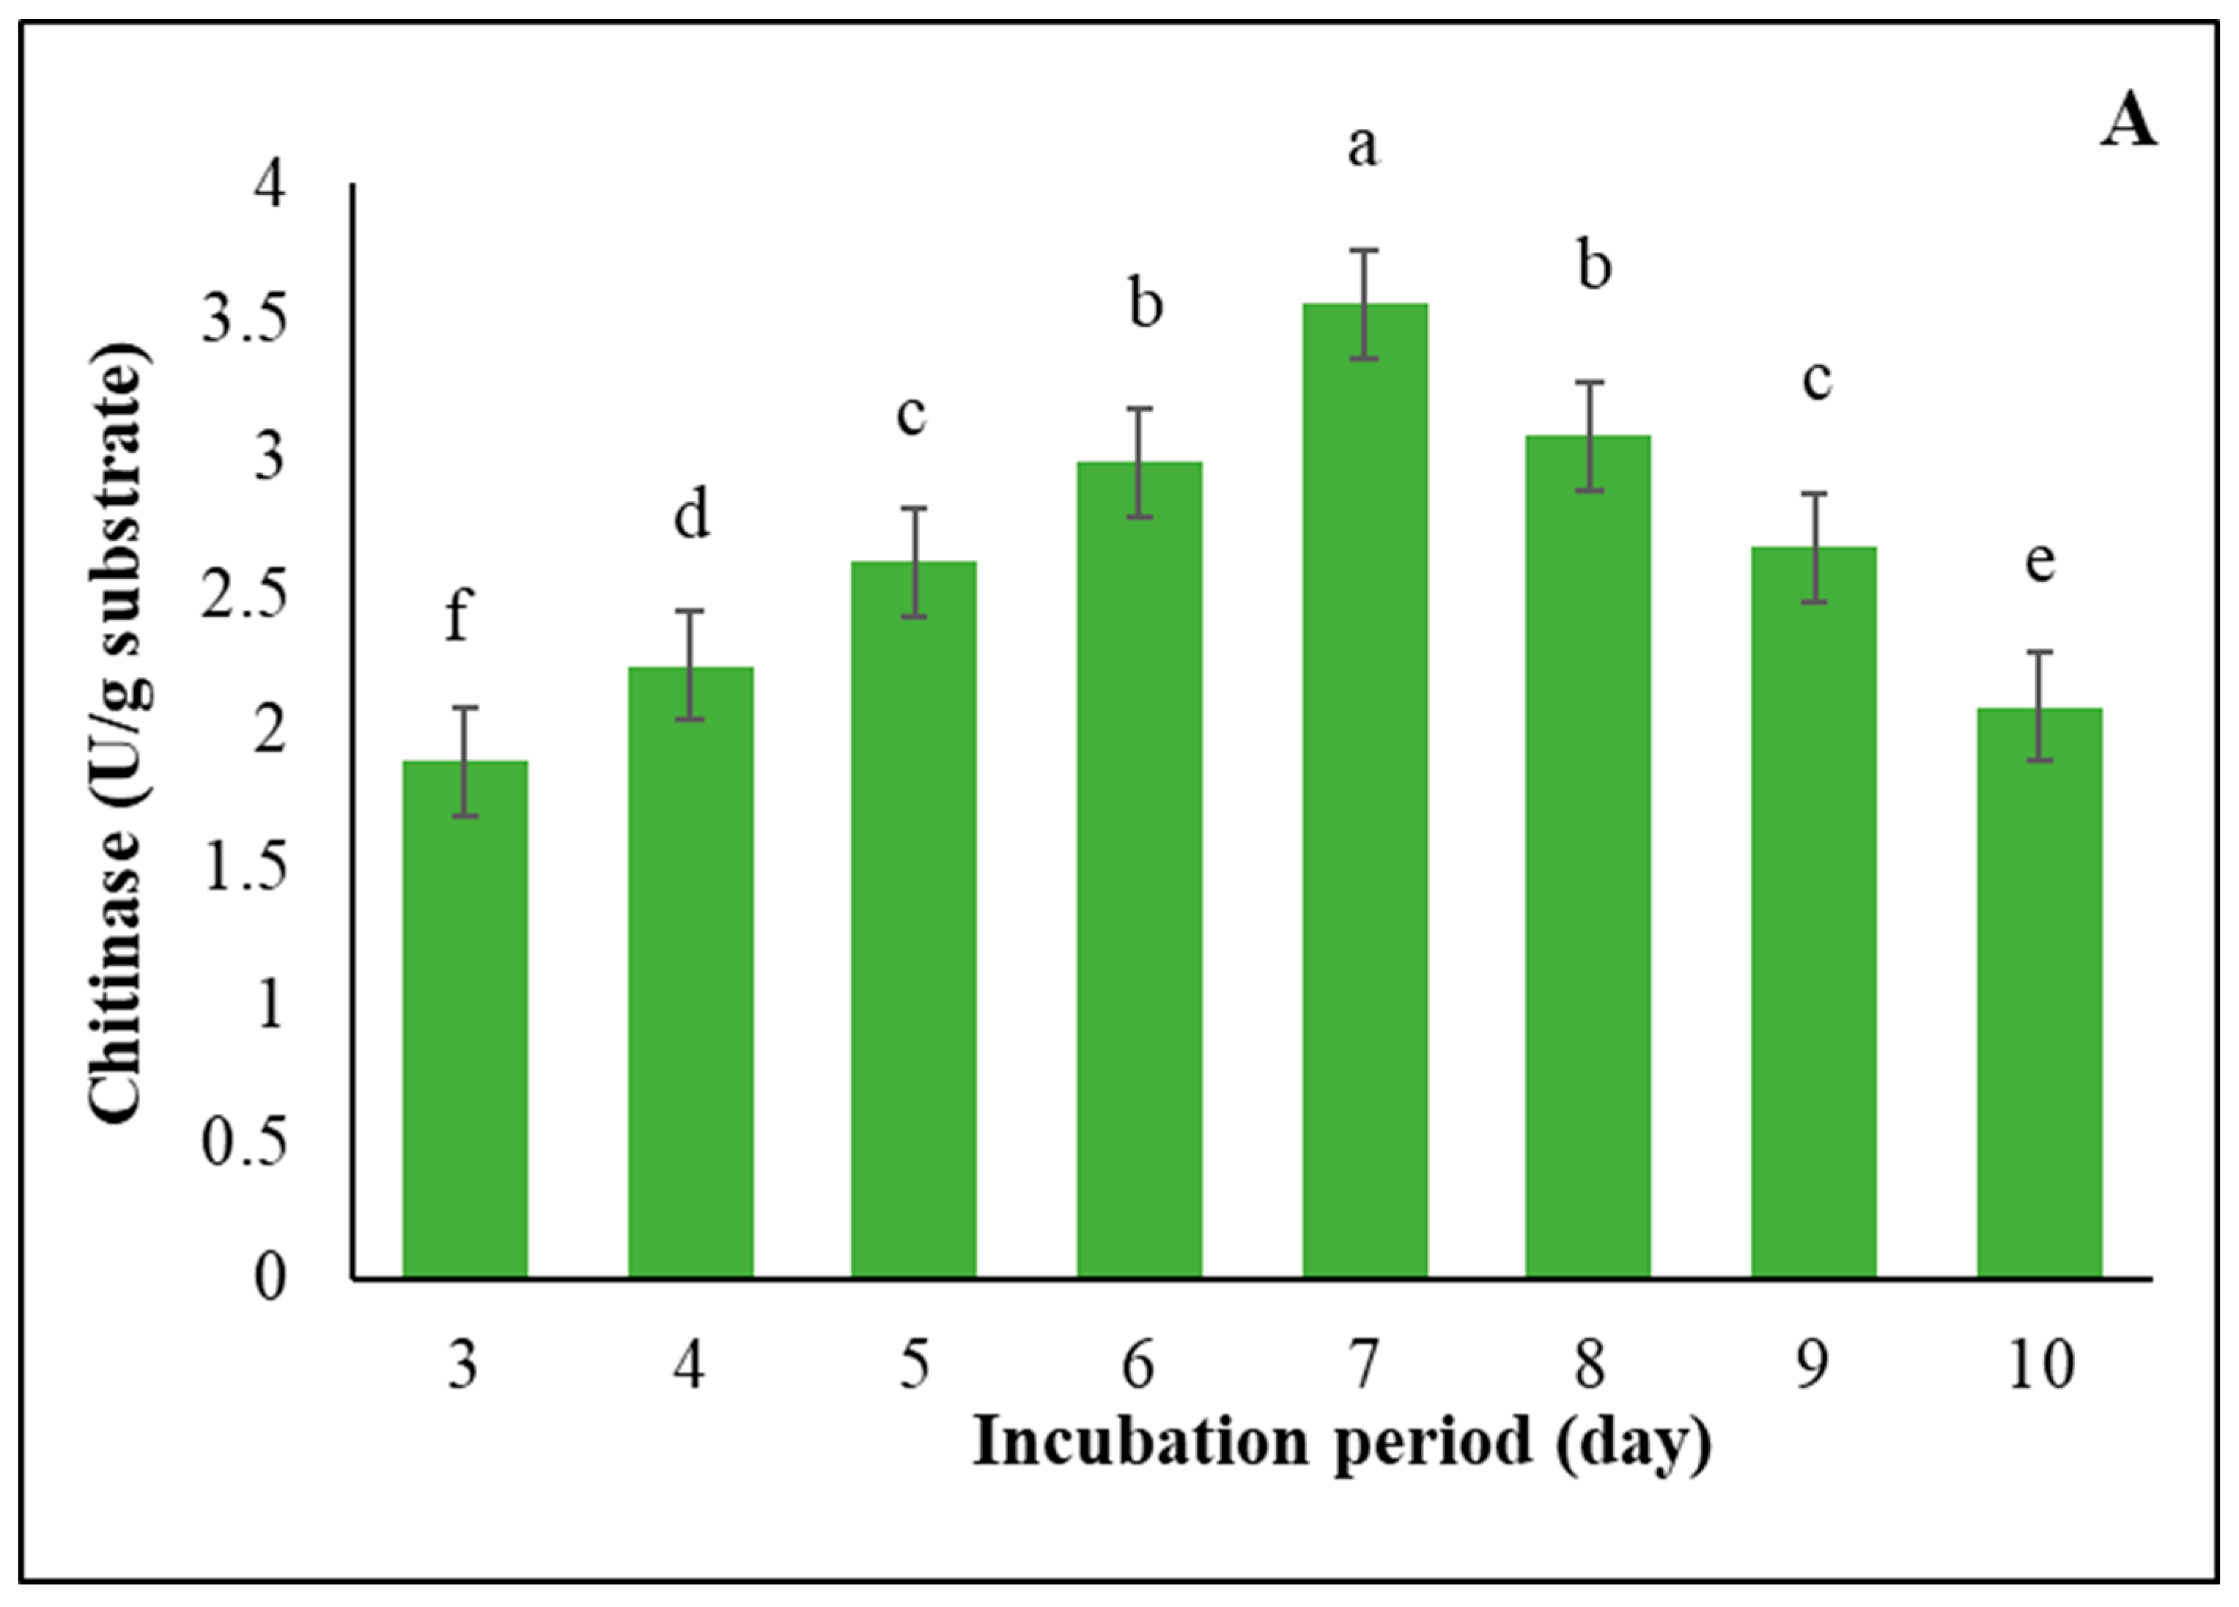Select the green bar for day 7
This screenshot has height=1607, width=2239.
[1365, 790]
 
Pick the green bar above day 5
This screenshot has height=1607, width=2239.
[914, 918]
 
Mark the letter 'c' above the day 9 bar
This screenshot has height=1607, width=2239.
[1816, 381]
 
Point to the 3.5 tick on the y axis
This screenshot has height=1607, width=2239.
[244, 319]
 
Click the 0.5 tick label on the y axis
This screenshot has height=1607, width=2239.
[244, 1142]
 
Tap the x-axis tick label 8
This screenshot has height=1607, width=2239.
[1590, 1365]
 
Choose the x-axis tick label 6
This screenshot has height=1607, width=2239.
[1138, 1365]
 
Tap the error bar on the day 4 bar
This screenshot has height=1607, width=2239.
[690, 665]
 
